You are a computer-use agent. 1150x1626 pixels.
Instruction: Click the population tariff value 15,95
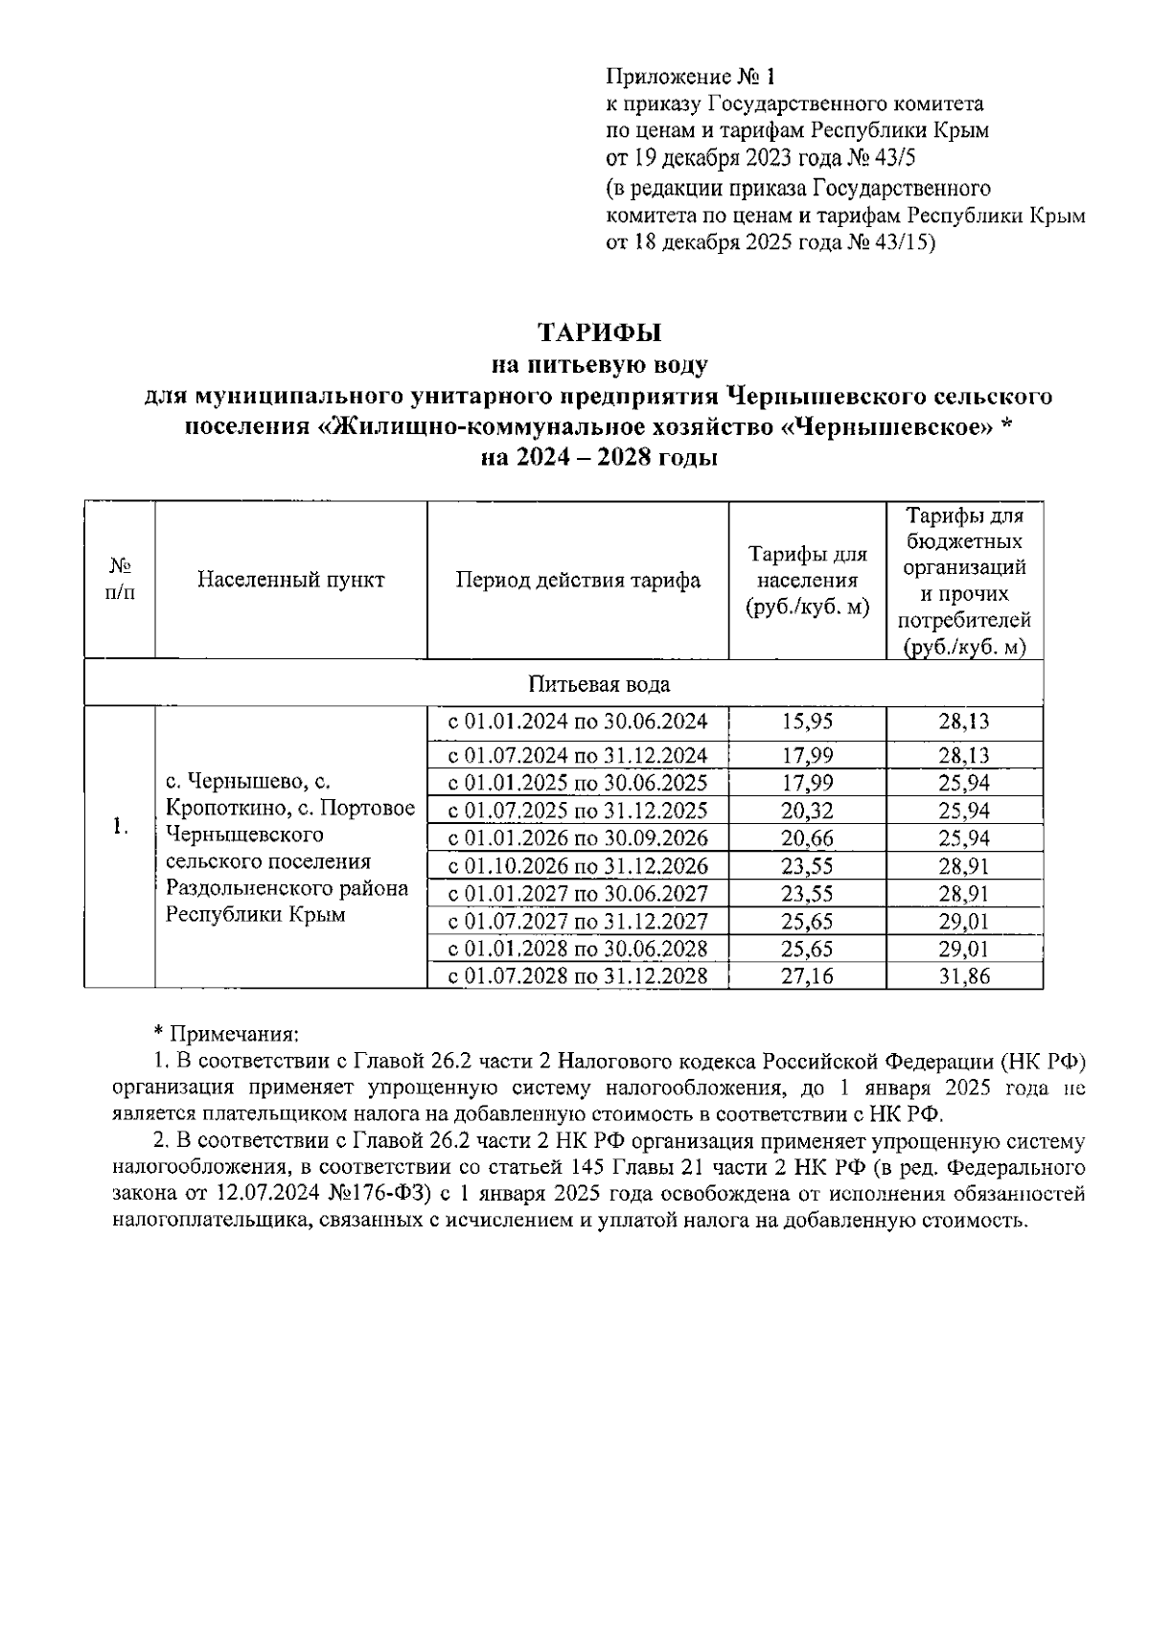[x=807, y=721]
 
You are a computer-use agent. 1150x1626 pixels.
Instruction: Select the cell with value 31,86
[x=964, y=976]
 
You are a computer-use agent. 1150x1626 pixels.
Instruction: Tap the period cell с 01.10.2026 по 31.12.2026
[x=578, y=866]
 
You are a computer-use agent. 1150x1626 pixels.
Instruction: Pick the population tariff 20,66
[x=807, y=838]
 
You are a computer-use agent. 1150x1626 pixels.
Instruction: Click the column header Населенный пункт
[x=290, y=580]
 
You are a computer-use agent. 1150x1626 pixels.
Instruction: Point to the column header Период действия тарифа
[x=578, y=580]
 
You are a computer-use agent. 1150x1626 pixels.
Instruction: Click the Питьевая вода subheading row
[x=599, y=684]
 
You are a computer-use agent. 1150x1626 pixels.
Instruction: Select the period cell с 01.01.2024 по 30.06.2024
[x=578, y=721]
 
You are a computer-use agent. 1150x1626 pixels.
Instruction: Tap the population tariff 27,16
[x=807, y=976]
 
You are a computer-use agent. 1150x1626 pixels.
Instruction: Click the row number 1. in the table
[x=119, y=826]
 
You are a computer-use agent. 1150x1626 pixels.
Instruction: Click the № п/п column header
[x=119, y=580]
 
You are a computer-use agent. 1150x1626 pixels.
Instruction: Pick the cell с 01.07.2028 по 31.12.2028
[x=578, y=976]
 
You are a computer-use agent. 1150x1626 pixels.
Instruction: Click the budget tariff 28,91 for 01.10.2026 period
[x=964, y=866]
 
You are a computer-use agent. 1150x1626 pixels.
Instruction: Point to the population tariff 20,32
[x=807, y=811]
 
